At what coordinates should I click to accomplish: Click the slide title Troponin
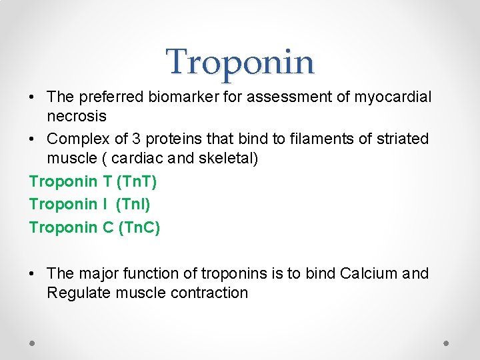pos(240,62)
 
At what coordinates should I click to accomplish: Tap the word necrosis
pos(77,117)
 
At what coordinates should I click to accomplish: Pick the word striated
pos(402,139)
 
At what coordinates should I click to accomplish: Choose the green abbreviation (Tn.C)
pos(139,227)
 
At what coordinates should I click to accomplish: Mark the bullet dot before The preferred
pos(33,97)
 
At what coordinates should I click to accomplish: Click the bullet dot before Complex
pos(33,139)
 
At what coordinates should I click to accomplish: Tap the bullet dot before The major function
pos(33,273)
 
